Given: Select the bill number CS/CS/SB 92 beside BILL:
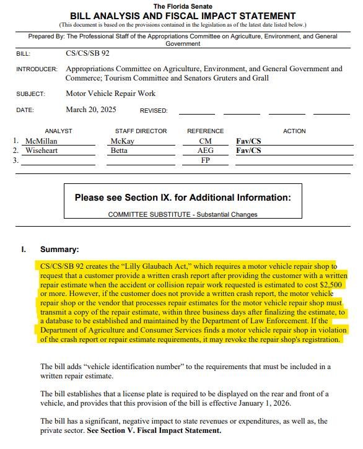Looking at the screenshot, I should [87, 53].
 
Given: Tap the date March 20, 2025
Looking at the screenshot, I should [90, 110].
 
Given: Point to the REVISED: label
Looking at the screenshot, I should [154, 111].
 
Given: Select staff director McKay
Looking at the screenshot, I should [122, 141].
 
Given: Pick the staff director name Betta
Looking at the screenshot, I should [121, 150].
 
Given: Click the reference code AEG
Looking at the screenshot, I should [205, 150].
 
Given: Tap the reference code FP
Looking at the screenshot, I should [205, 160].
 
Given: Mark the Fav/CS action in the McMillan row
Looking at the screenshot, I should [248, 141].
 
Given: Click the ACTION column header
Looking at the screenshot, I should [294, 131].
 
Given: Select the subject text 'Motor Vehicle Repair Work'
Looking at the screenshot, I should [110, 94].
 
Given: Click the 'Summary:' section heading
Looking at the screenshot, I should [59, 250].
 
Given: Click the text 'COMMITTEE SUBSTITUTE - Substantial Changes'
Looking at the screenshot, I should [183, 214].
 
